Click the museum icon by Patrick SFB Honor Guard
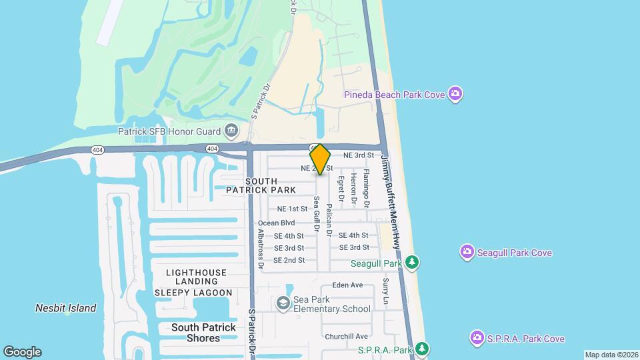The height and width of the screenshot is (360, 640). point(232,129)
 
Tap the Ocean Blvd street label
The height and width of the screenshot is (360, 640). point(276,223)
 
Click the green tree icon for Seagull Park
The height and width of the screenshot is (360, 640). point(413,262)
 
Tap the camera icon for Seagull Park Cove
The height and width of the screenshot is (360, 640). point(467,252)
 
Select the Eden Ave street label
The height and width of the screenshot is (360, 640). point(347,285)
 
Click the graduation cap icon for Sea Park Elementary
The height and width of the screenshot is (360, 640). point(284,304)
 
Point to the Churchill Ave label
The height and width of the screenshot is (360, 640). point(346,336)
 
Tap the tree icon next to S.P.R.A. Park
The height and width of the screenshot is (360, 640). point(422,349)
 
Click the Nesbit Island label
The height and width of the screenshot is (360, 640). point(65,308)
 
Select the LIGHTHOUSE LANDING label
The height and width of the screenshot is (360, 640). point(196,273)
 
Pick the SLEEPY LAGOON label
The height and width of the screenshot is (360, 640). point(193,293)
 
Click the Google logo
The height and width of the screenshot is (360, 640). point(22,351)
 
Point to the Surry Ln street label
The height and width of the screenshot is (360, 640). point(385,293)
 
